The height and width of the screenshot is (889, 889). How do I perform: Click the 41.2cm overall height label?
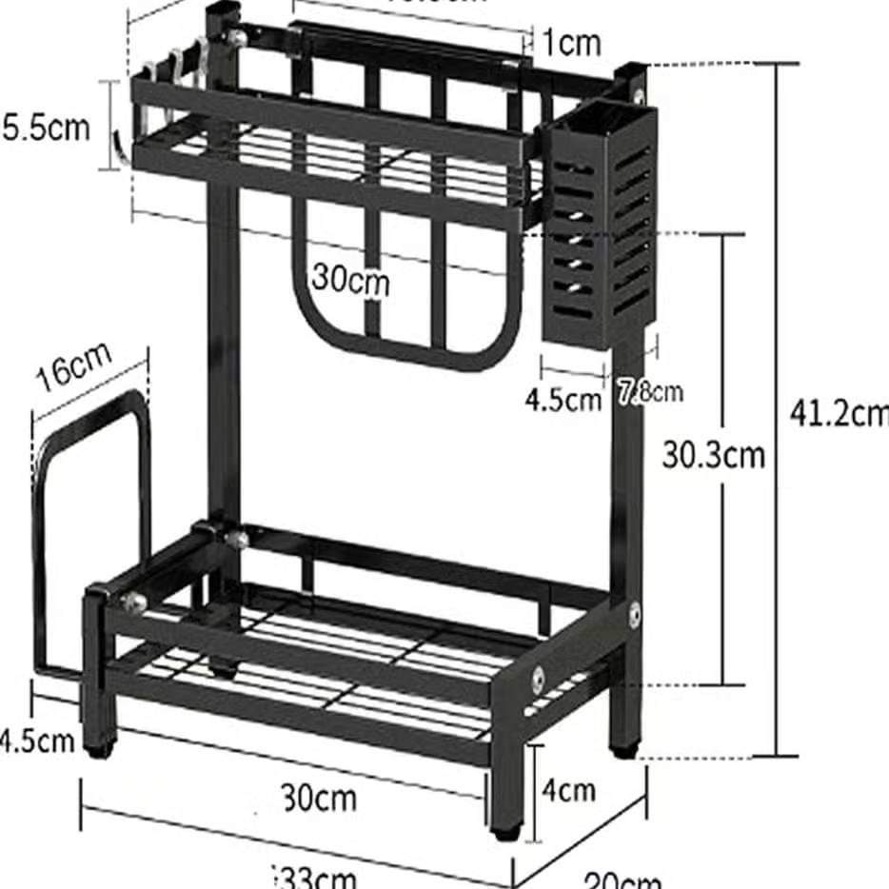[x=838, y=413]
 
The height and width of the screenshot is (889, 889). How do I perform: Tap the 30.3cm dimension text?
[x=714, y=455]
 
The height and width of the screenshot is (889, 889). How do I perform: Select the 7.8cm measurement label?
[x=651, y=391]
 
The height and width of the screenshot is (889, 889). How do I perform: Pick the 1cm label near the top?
[x=572, y=42]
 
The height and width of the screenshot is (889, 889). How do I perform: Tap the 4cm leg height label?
[x=568, y=789]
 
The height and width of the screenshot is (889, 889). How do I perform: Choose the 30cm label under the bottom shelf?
[x=320, y=797]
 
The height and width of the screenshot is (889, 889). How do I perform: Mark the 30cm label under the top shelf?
[x=350, y=280]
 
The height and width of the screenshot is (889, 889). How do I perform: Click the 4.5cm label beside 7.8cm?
[x=563, y=399]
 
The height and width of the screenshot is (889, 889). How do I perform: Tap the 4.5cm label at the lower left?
[x=36, y=740]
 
